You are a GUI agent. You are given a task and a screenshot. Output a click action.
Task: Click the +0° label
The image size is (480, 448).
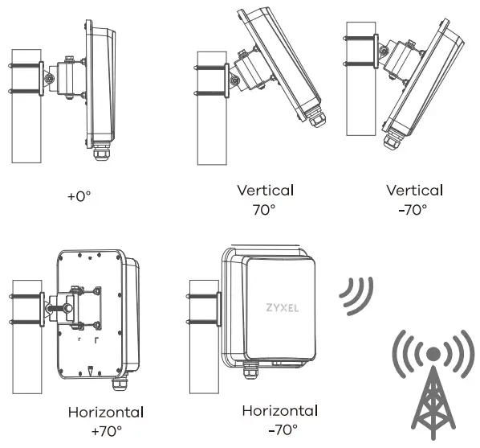coord(80,195)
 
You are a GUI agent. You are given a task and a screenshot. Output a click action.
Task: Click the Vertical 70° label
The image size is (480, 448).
coord(266,199)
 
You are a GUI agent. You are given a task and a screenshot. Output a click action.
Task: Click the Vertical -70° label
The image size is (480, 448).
coord(414,199)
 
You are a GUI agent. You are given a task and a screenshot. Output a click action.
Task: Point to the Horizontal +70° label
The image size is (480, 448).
coord(106,421)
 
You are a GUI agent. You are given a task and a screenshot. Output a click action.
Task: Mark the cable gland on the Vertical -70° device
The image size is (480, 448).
coord(393,142)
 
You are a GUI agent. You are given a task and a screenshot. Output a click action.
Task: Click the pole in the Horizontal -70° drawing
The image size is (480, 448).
coord(200,330)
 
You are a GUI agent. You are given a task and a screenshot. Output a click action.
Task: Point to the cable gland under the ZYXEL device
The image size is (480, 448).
coord(250,371)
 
